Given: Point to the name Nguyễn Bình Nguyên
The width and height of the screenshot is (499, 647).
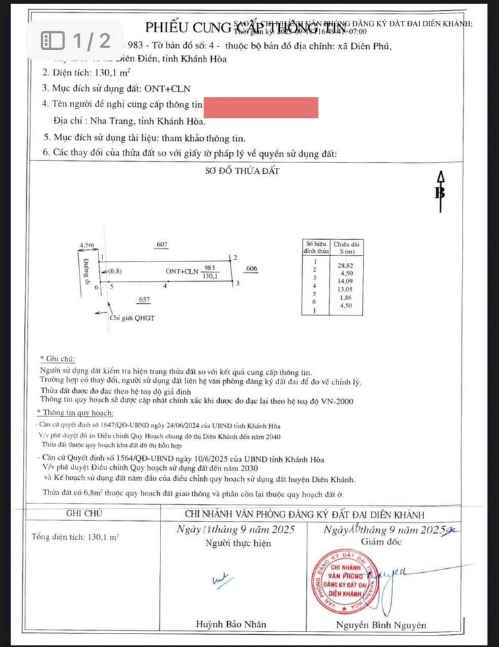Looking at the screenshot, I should click(381, 625).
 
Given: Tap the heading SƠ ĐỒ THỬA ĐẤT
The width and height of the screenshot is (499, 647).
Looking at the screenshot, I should click(242, 171).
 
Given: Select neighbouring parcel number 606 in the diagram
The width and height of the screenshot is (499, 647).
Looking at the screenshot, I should click(252, 268).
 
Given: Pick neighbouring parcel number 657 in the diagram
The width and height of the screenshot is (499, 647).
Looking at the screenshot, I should click(144, 299).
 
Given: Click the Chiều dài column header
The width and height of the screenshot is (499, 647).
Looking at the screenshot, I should click(345, 246).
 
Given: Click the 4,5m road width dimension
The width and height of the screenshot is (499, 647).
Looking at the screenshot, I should click(87, 245).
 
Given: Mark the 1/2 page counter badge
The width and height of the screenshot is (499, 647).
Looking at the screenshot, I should click(76, 40).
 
